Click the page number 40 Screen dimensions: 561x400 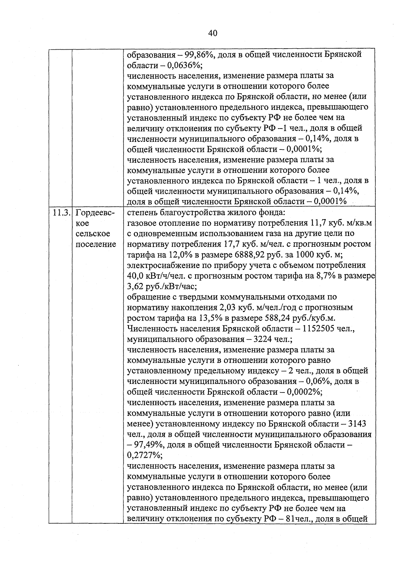point(212,33)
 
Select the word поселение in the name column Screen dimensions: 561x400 point(96,244)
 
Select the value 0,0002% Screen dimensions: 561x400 point(303,392)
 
